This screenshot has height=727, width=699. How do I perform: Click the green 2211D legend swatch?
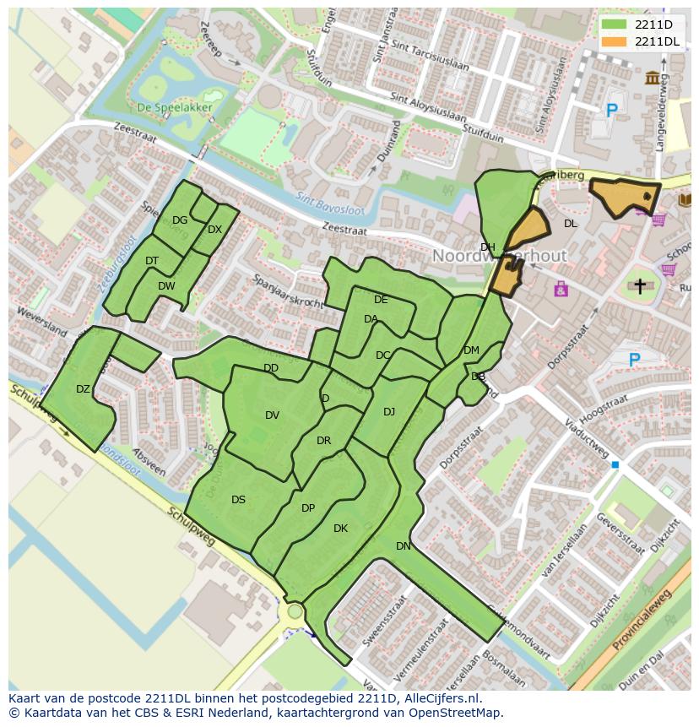(614, 24)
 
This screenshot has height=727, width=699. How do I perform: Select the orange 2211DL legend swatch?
(614, 41)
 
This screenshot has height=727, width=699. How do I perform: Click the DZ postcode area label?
(83, 389)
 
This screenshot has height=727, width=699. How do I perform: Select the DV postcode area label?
(272, 415)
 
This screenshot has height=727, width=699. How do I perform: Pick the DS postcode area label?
(238, 500)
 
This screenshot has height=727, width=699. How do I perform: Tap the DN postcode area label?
(404, 546)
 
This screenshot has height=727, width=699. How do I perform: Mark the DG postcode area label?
(180, 220)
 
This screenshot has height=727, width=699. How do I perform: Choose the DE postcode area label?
(381, 300)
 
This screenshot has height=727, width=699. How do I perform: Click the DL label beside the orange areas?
(571, 224)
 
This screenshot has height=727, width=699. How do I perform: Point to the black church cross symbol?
(639, 286)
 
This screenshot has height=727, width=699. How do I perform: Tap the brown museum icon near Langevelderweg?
(653, 79)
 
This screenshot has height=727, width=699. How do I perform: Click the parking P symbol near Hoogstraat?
(634, 361)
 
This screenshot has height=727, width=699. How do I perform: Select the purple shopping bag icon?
(561, 290)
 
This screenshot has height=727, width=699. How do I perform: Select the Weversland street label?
(41, 323)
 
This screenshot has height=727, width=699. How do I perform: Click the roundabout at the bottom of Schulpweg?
(295, 610)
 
